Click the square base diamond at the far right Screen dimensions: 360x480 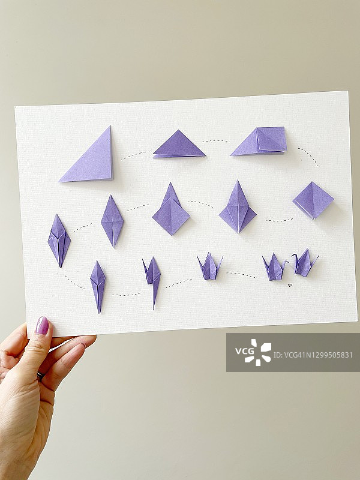click(x=313, y=200)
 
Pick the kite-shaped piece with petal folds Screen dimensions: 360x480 click(x=238, y=209)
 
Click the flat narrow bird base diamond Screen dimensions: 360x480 click(x=112, y=221)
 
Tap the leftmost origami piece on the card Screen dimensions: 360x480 click(x=59, y=241)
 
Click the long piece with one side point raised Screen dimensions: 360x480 click(x=153, y=280)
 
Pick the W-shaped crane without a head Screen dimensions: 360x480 click(x=209, y=267)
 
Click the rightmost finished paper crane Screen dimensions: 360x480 click(x=304, y=263)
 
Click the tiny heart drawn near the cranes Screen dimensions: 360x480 click(x=290, y=285)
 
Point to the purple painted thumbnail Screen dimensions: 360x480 click(x=42, y=325)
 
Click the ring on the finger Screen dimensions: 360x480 click(x=40, y=376)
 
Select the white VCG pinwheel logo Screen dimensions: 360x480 click(x=261, y=352)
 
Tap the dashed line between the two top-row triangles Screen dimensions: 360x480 click(x=133, y=156)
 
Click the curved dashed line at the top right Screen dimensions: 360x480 click(x=309, y=155)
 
